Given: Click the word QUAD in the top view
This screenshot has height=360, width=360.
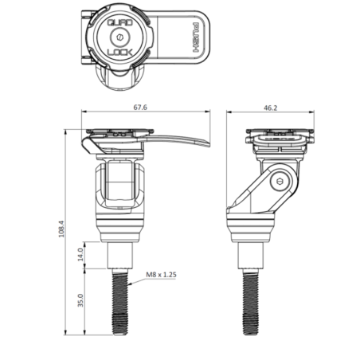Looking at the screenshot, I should (119, 23).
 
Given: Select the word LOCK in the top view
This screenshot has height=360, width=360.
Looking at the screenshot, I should (120, 53).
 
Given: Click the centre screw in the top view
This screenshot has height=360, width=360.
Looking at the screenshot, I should (120, 38).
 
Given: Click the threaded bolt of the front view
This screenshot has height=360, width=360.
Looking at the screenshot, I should (123, 307).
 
